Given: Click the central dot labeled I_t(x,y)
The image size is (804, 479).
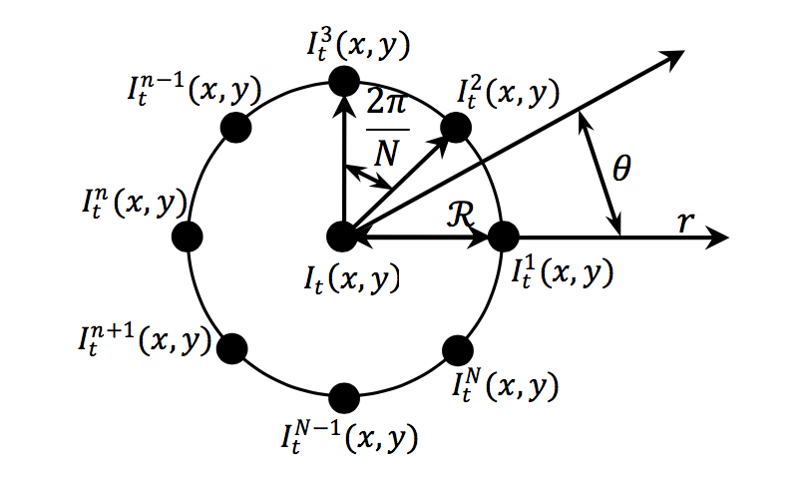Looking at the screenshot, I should point(342,237).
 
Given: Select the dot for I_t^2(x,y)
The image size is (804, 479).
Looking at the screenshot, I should point(456,127).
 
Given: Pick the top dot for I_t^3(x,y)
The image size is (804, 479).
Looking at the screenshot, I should point(343,79).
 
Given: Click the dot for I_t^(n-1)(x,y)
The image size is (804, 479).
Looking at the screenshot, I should point(234,126).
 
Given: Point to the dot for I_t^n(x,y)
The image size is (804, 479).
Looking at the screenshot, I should point(187,237).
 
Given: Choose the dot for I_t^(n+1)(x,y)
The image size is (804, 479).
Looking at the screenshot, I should point(232,348).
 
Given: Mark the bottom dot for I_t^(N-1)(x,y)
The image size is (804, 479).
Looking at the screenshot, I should point(343,395).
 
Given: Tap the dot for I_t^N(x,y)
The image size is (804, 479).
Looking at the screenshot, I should point(456,349).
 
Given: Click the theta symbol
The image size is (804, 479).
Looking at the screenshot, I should point(621,170).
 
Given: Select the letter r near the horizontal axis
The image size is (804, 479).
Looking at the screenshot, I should point(685,221).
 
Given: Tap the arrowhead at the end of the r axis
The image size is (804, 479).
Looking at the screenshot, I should point(720,238).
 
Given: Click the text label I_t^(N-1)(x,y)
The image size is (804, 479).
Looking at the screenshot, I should point(345,435).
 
